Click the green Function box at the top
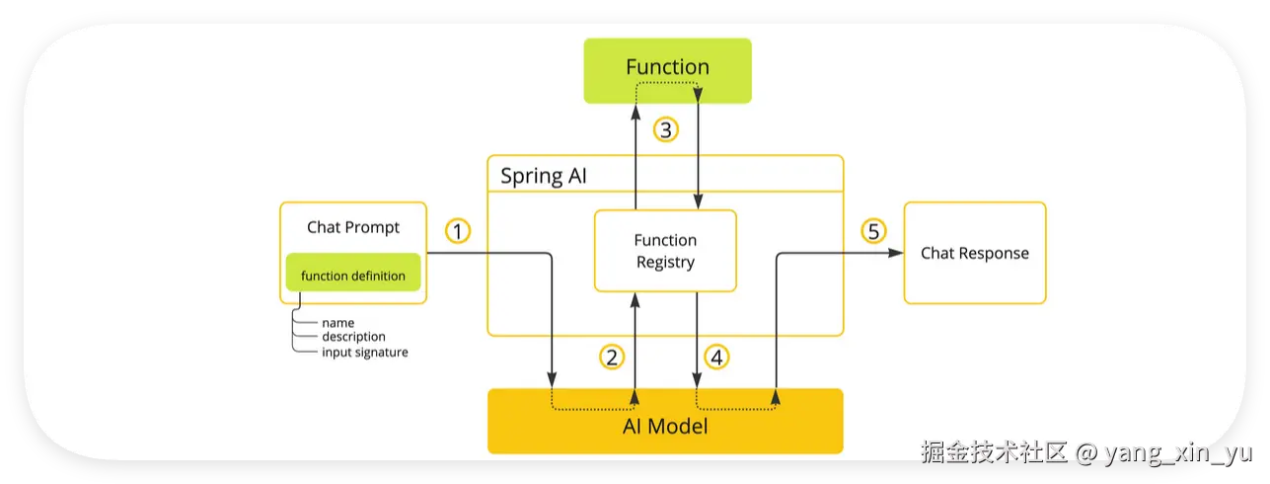pyautogui.click(x=667, y=71)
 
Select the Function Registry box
pyautogui.click(x=665, y=251)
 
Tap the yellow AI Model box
pyautogui.click(x=665, y=421)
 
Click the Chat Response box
pyautogui.click(x=975, y=253)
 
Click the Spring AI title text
pyautogui.click(x=543, y=176)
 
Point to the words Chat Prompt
pyautogui.click(x=352, y=227)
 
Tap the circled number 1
pyautogui.click(x=458, y=231)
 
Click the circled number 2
pyautogui.click(x=612, y=358)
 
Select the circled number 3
pyautogui.click(x=666, y=130)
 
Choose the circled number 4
pyautogui.click(x=716, y=358)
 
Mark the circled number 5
pyautogui.click(x=873, y=231)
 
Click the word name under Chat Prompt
pyautogui.click(x=337, y=323)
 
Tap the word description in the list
pyautogui.click(x=354, y=337)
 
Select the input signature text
pyautogui.click(x=365, y=353)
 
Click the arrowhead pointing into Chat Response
pyautogui.click(x=896, y=253)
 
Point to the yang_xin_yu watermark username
pyautogui.click(x=1178, y=453)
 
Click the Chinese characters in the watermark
pyautogui.click(x=994, y=452)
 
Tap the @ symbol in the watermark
pyautogui.click(x=1085, y=453)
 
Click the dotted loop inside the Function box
pyautogui.click(x=667, y=83)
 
